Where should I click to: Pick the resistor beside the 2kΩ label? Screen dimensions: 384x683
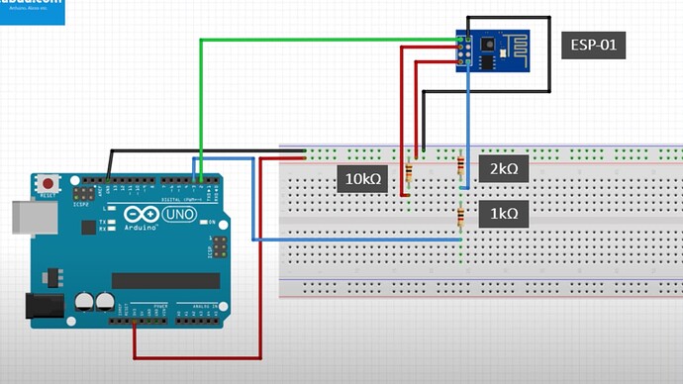pyautogui.click(x=461, y=170)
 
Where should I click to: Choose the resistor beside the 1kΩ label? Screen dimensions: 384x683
pyautogui.click(x=461, y=216)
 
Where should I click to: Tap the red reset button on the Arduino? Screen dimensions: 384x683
pyautogui.click(x=48, y=184)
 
